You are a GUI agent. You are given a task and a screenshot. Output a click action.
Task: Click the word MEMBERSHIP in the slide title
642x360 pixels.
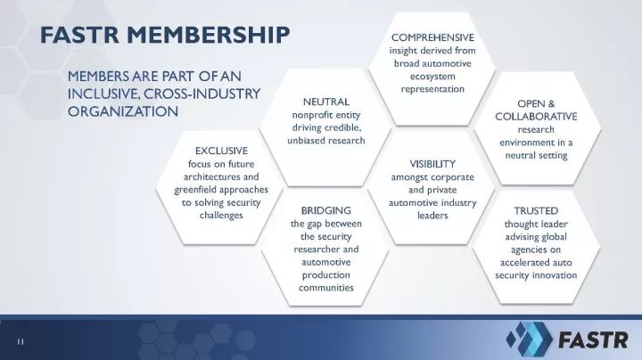pyautogui.click(x=209, y=35)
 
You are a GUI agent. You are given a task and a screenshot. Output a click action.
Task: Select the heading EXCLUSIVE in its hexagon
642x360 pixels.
pyautogui.click(x=221, y=151)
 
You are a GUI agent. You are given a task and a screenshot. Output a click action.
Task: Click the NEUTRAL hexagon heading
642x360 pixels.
pyautogui.click(x=326, y=102)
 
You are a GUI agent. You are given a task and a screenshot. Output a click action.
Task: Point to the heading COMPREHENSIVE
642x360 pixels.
pyautogui.click(x=432, y=37)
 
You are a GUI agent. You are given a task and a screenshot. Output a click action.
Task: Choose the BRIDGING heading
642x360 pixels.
pyautogui.click(x=326, y=210)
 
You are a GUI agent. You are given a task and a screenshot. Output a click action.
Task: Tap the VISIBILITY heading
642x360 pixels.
pyautogui.click(x=432, y=164)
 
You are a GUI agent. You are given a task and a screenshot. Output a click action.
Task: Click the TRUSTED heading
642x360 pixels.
pyautogui.click(x=536, y=211)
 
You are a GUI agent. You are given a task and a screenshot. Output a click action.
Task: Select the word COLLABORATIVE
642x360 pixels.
pyautogui.click(x=536, y=117)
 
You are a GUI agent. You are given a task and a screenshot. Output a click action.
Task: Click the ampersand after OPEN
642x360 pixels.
pyautogui.click(x=551, y=104)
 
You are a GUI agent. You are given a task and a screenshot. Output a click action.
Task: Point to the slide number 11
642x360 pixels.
pyautogui.click(x=21, y=341)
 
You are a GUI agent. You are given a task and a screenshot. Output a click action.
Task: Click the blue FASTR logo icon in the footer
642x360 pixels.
pyautogui.click(x=529, y=339)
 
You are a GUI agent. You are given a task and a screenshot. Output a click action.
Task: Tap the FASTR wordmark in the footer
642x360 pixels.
pyautogui.click(x=593, y=340)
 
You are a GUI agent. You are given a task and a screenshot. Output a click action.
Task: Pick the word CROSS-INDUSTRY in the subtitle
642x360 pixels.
pyautogui.click(x=202, y=94)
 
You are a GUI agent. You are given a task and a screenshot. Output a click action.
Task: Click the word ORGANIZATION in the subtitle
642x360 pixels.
pyautogui.click(x=123, y=111)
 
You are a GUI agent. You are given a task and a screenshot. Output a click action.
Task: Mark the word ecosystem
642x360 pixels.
pyautogui.click(x=432, y=77)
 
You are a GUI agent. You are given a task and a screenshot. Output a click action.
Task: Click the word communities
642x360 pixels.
pyautogui.click(x=326, y=288)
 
